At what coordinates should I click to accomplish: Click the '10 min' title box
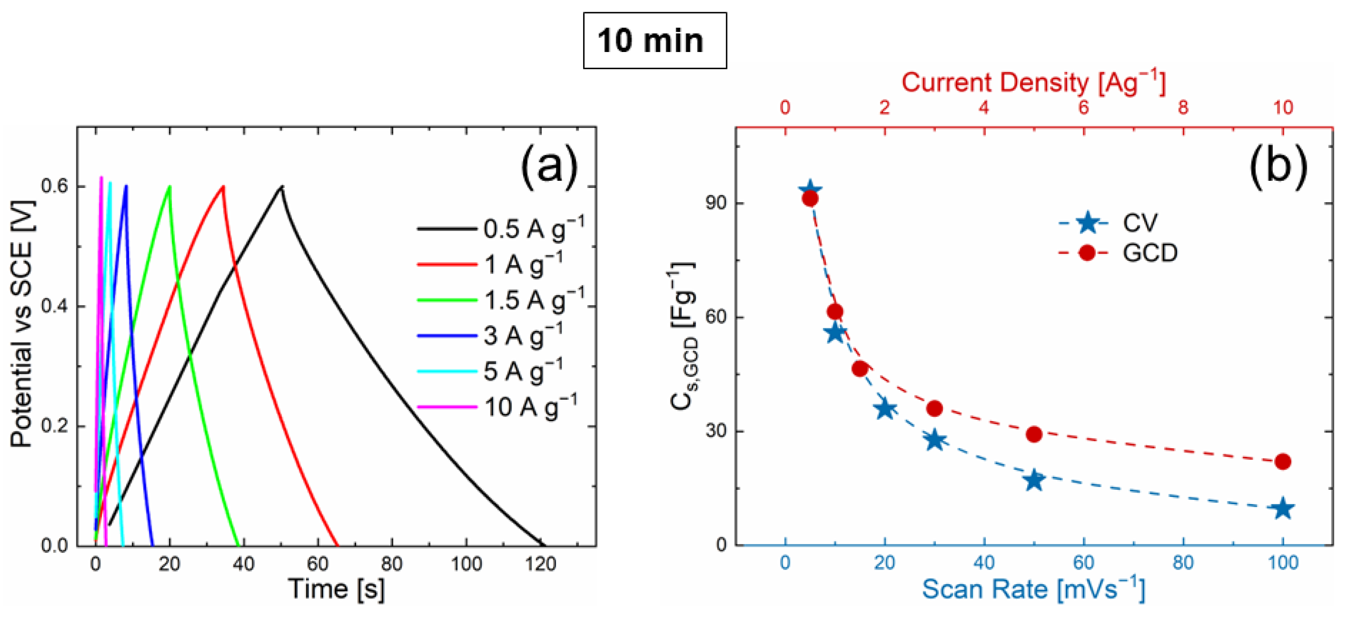tap(654, 40)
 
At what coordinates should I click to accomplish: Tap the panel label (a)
tap(548, 166)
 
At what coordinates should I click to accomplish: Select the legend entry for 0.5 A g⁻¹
tap(501, 229)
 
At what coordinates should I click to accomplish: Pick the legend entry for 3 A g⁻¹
tap(490, 336)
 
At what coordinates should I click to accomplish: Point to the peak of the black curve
tap(282, 187)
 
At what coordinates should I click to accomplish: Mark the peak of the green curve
tap(169, 187)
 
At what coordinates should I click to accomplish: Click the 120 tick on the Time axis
tap(540, 564)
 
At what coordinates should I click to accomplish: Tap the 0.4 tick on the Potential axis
tap(55, 306)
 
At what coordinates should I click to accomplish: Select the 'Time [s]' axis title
tap(336, 589)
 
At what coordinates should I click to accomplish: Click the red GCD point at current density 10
tap(1282, 461)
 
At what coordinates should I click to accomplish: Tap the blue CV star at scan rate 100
tap(1282, 508)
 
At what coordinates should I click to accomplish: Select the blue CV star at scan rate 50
tap(1033, 480)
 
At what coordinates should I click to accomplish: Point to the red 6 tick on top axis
tap(1083, 107)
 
